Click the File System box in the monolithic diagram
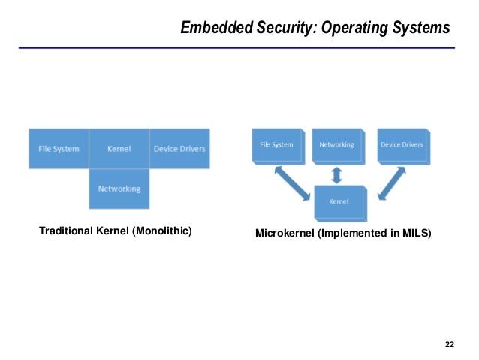click(x=59, y=149)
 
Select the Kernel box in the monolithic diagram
click(x=119, y=149)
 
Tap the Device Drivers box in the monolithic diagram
click(x=179, y=149)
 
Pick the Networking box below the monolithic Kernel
click(x=119, y=188)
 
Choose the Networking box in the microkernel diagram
click(x=337, y=144)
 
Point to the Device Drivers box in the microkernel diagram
click(x=401, y=144)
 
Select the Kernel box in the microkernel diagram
click(x=338, y=202)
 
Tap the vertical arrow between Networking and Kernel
click(x=337, y=174)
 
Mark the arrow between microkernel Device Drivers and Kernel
click(x=393, y=183)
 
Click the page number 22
click(x=449, y=345)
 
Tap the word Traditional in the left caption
click(x=67, y=231)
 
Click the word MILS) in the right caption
click(x=416, y=234)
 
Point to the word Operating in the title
click(x=353, y=29)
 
